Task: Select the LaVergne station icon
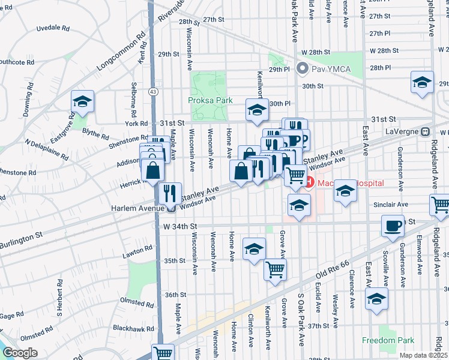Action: [x=426, y=131]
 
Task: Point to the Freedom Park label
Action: [x=388, y=340]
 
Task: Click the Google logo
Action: [x=20, y=353]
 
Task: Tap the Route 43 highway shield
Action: [x=154, y=91]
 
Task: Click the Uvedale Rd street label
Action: [x=53, y=28]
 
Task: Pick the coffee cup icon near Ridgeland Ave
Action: [x=394, y=226]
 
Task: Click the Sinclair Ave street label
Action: [x=390, y=205]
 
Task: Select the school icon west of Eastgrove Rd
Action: [x=83, y=100]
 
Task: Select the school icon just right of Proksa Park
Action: [x=256, y=110]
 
